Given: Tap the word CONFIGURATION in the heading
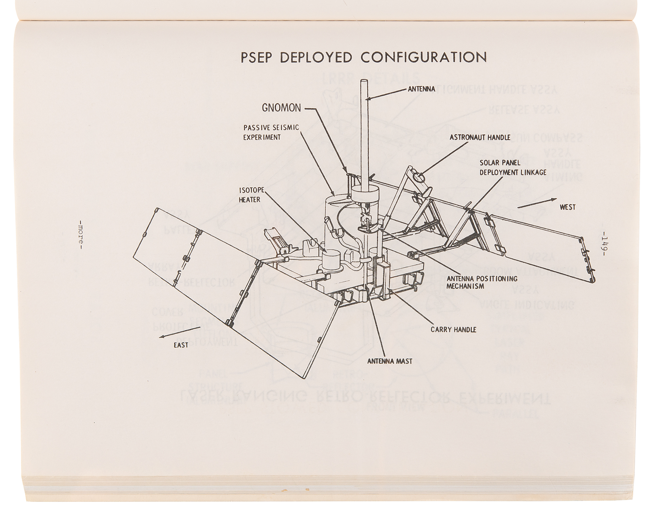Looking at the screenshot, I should coord(424,57).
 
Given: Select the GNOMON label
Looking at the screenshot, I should coord(281,107).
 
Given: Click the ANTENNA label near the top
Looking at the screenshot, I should coord(421,89).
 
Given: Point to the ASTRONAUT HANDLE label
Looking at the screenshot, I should coord(480,137).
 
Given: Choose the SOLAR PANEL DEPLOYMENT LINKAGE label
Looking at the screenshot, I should coord(513,167).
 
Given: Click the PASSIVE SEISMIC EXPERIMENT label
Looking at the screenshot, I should coord(271,132).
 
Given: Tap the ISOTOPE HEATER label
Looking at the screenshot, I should coord(250,195).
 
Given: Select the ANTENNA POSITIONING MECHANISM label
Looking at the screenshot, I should coord(482,282).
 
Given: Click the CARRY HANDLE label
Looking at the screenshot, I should coord(454,329).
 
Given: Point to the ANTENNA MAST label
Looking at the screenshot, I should coord(390,361).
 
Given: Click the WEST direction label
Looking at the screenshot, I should coord(568,207).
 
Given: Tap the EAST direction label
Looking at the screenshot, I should coord(181,345).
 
